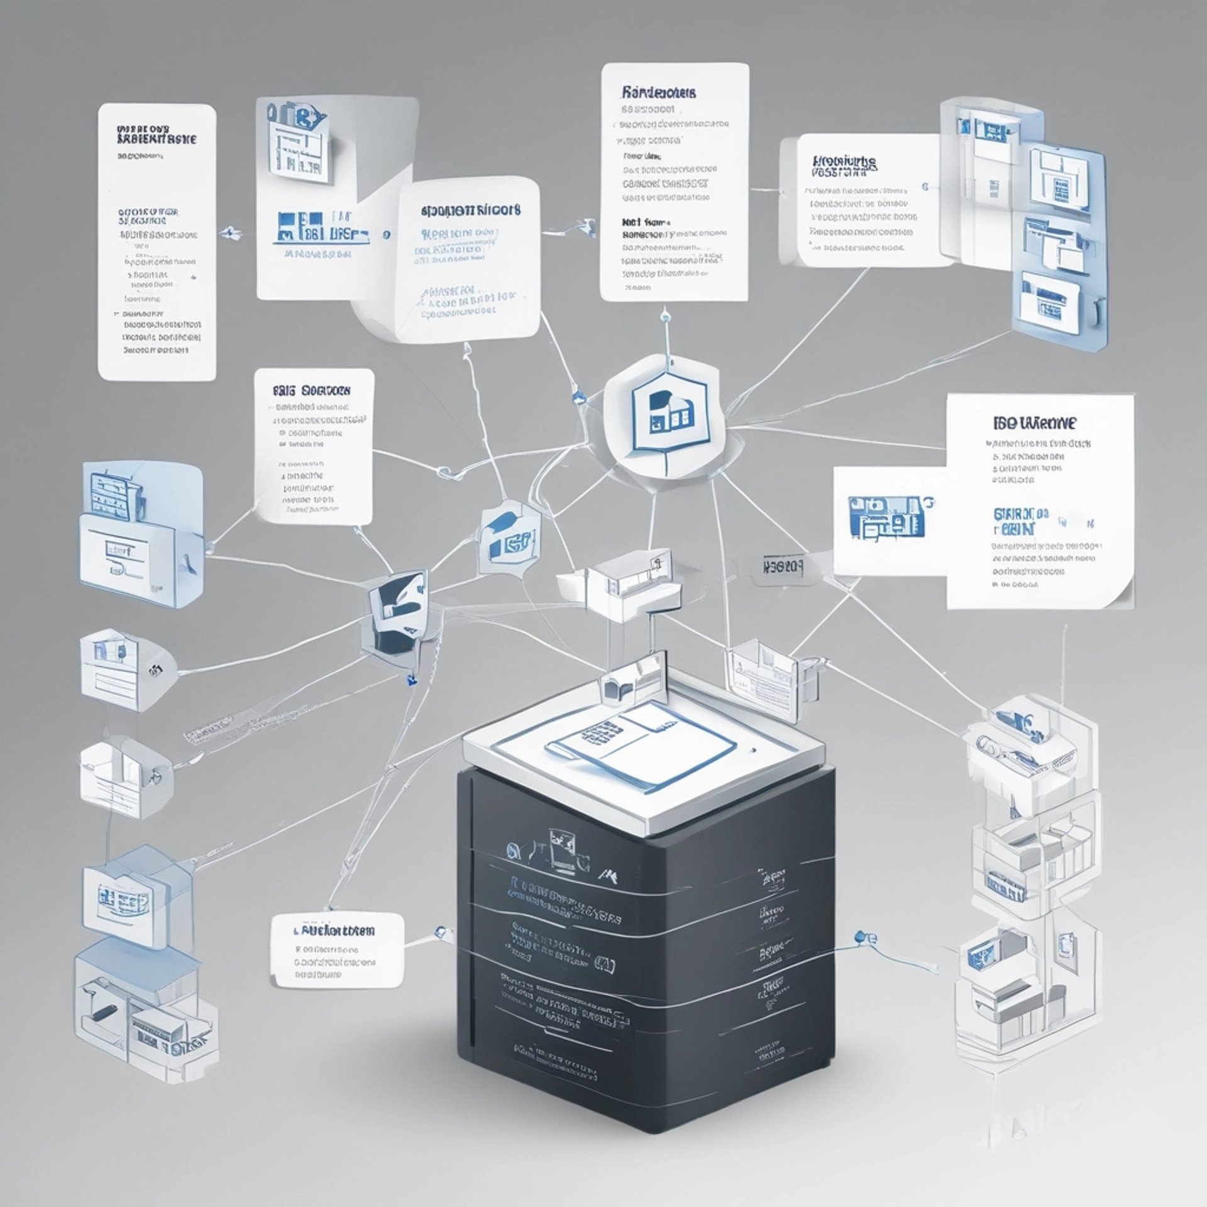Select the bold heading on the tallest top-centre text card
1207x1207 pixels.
click(x=658, y=93)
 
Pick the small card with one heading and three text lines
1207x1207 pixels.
click(x=337, y=950)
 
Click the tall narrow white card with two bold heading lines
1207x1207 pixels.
click(x=157, y=242)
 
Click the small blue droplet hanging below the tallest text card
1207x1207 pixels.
click(x=664, y=319)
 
